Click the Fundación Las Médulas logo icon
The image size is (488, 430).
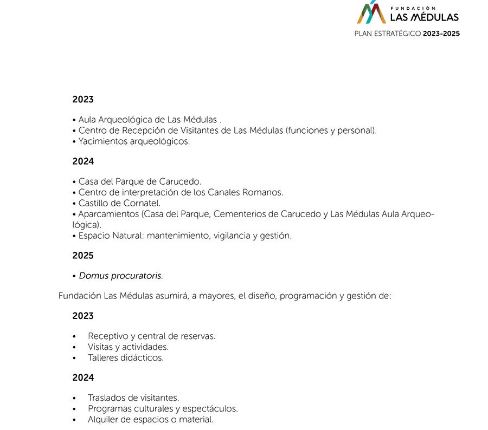pos(371,12)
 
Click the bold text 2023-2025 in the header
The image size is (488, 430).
pos(441,34)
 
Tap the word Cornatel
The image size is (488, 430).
pos(142,203)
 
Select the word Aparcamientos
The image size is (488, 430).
pos(108,214)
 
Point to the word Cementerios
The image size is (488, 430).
pos(236,214)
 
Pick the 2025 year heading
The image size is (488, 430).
pos(83,256)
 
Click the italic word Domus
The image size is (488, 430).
pos(94,276)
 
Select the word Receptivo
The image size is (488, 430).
pos(108,336)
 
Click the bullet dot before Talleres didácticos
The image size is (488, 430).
pos(74,358)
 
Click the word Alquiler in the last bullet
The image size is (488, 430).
pos(104,419)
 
